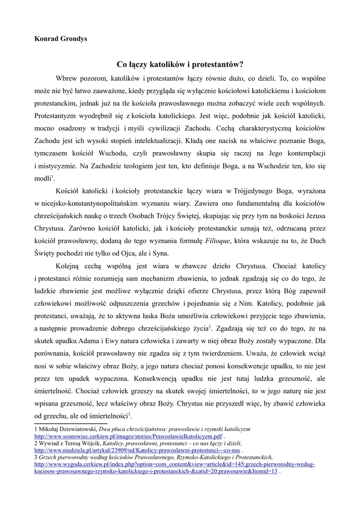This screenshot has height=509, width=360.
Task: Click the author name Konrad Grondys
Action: point(60,39)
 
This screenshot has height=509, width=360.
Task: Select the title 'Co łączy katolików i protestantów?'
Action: point(180,64)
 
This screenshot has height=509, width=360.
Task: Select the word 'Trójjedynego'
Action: point(264,191)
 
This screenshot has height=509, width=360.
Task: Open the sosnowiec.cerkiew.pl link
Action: point(128,436)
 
